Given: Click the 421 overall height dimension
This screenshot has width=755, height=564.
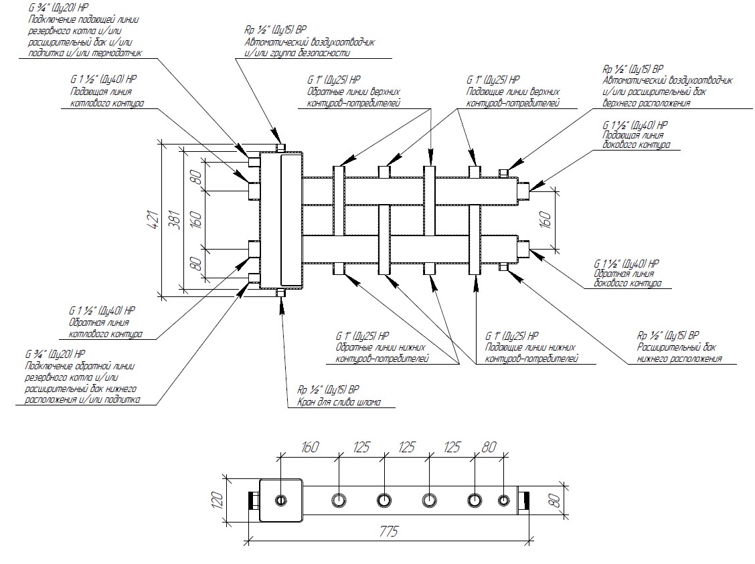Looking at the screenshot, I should (x=152, y=218).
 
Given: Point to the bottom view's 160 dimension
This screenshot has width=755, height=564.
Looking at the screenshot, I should (x=310, y=447).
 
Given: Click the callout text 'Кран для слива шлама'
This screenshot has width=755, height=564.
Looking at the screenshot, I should (x=339, y=402).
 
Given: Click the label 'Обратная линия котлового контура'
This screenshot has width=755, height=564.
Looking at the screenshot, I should (x=104, y=327).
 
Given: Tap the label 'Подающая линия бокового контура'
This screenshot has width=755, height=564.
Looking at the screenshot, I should (x=631, y=140).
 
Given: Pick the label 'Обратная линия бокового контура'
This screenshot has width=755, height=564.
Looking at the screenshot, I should (x=626, y=278).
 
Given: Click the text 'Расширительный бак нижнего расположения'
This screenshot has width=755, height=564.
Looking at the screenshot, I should (x=679, y=354).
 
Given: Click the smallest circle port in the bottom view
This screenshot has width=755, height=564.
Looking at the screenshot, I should (x=503, y=500).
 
